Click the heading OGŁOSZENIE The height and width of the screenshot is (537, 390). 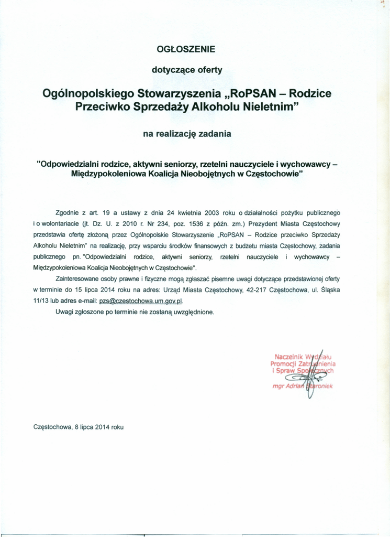click(186, 49)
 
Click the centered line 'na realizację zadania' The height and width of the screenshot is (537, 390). click(187, 134)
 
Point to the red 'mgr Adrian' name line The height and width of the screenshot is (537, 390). click(286, 386)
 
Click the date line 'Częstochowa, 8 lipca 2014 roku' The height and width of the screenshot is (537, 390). click(79, 427)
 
